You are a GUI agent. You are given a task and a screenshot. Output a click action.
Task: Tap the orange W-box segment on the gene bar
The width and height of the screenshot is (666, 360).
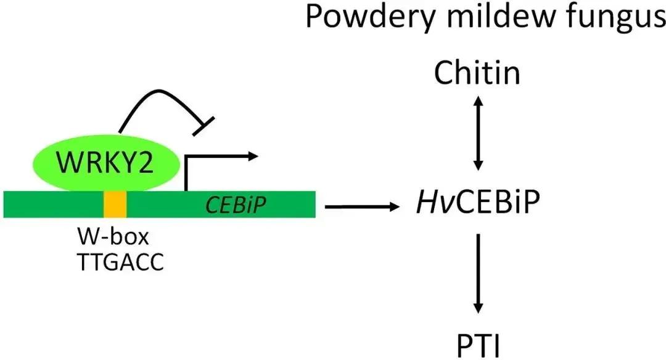click(x=115, y=204)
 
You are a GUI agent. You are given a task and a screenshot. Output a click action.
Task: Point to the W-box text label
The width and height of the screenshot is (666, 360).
click(x=104, y=237)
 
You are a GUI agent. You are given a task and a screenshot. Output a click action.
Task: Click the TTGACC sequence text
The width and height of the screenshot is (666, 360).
click(x=121, y=261)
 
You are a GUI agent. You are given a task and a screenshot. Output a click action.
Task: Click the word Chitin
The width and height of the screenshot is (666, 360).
click(x=477, y=74)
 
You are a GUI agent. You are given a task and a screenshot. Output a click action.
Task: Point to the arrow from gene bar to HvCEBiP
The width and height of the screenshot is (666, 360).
click(x=361, y=207)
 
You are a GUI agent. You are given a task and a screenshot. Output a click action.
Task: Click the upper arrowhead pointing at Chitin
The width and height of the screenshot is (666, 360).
click(x=477, y=100)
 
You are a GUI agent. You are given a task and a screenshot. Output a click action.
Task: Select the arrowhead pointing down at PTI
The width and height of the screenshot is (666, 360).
click(x=477, y=308)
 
